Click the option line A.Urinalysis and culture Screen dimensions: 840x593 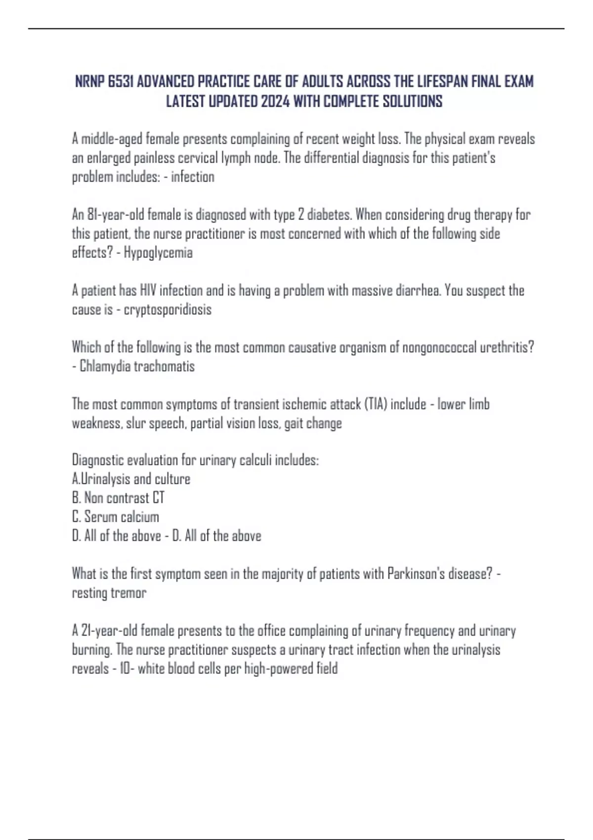click(131, 479)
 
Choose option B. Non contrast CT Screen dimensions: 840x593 click(118, 498)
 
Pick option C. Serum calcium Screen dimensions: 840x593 click(116, 516)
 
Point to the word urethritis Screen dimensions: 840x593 click(508, 347)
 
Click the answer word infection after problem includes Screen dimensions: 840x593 click(193, 177)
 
